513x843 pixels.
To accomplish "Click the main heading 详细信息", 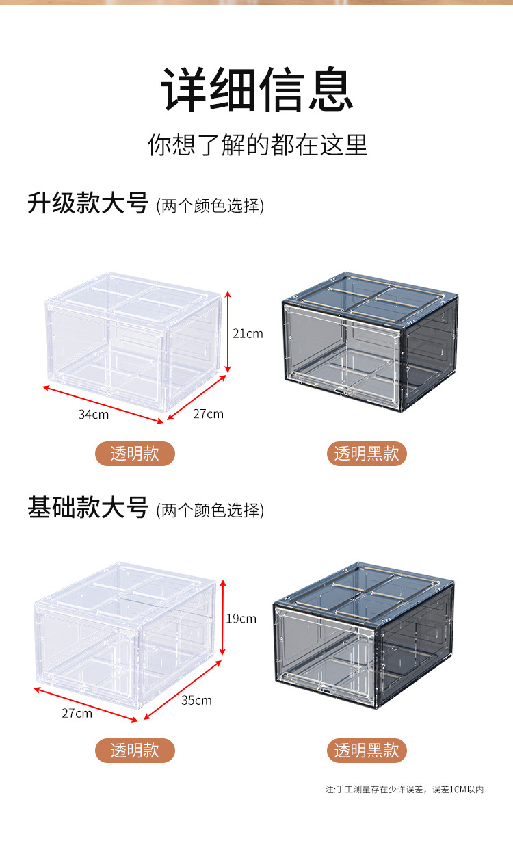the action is tap(257, 90).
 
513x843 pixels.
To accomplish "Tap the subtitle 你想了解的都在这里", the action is tap(257, 144).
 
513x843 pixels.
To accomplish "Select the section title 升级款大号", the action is tap(88, 203).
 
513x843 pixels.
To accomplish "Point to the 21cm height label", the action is tap(248, 334).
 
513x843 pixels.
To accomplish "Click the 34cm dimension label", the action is tap(93, 414).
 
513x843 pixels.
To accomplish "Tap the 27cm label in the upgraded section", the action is tap(208, 414).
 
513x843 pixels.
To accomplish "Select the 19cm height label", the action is tap(241, 619).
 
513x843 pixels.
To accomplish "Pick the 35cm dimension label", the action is tap(196, 700).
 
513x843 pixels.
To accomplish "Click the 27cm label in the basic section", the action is tap(77, 713).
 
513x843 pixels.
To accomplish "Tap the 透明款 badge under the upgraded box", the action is tap(135, 454).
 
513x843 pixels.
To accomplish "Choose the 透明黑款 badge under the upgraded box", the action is tap(367, 454).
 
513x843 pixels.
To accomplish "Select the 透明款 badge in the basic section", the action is tap(135, 751).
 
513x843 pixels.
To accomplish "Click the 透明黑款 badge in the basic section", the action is tap(367, 751).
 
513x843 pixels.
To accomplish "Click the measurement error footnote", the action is tap(404, 790).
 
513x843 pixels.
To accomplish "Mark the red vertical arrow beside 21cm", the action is tap(228, 333).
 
